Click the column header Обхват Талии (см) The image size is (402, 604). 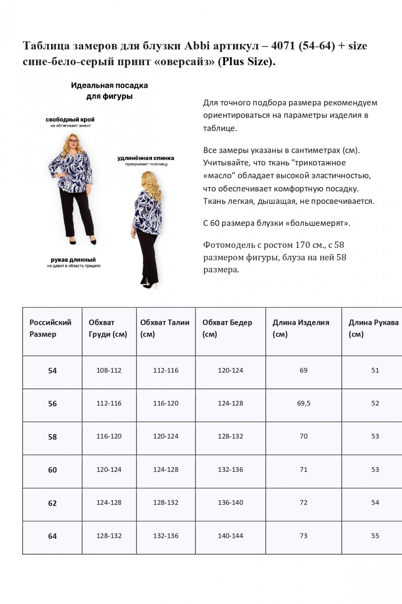click(x=165, y=328)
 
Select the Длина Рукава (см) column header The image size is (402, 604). click(x=373, y=328)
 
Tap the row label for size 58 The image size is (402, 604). click(x=52, y=437)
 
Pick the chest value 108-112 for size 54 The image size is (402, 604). click(x=109, y=371)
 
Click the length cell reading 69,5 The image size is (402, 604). click(x=304, y=403)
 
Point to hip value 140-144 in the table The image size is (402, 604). click(x=230, y=536)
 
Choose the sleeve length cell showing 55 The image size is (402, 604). click(x=375, y=536)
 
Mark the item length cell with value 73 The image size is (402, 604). click(x=304, y=536)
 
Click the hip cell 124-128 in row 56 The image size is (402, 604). click(x=230, y=403)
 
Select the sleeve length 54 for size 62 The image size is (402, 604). click(x=375, y=503)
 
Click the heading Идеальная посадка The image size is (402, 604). click(x=109, y=85)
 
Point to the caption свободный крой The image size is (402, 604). click(x=70, y=120)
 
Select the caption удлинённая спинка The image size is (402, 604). click(x=146, y=158)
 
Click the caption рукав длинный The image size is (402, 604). click(x=73, y=260)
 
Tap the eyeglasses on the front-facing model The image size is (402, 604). click(x=73, y=141)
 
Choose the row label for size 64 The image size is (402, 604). click(x=52, y=536)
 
